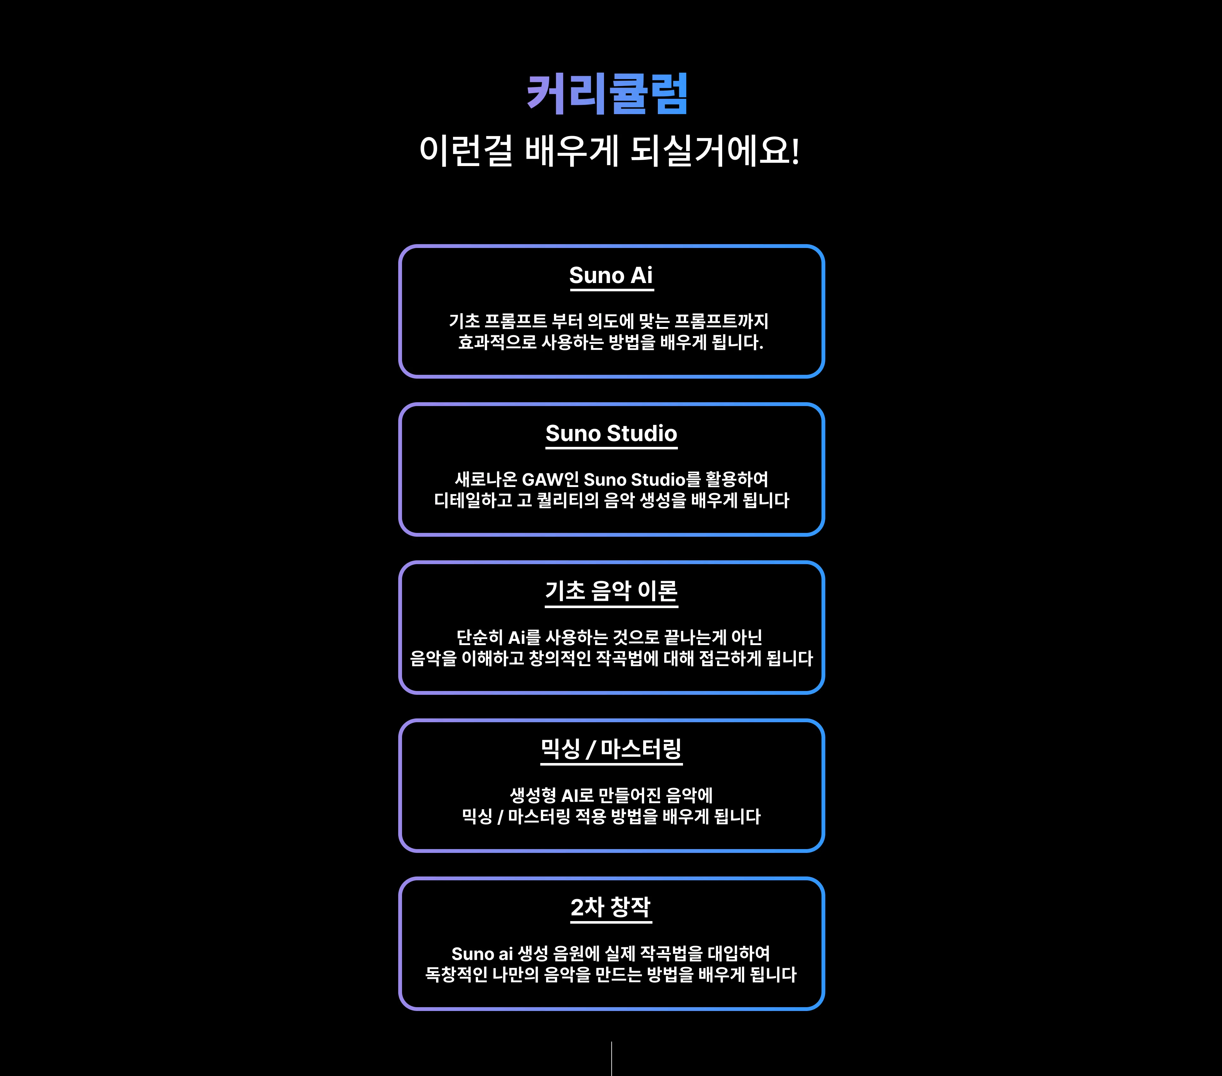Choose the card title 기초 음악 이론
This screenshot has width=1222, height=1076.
(x=611, y=591)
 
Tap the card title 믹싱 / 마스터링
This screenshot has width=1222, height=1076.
(x=611, y=749)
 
